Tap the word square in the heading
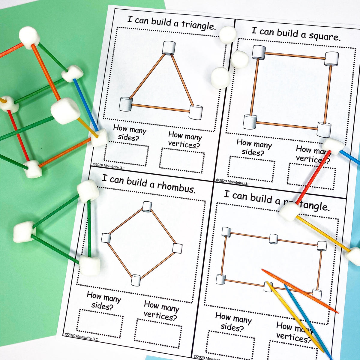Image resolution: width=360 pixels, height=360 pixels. pos(325,37)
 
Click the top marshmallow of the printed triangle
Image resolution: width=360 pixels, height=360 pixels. pos(169,48)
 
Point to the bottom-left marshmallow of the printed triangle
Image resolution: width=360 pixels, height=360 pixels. pos(126,104)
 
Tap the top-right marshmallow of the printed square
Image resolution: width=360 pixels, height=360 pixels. pos(332,58)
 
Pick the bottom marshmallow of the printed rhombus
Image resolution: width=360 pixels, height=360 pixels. pos(136,280)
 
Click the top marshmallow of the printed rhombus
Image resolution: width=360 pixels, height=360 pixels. pos(147,207)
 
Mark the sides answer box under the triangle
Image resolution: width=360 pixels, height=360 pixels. pos(126,155)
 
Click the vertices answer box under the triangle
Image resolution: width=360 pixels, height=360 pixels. pos(182,160)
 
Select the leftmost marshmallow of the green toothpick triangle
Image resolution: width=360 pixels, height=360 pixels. pos(24,232)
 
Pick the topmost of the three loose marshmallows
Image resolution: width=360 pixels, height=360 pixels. pos(228,34)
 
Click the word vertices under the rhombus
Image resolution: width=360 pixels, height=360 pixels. pos(160,315)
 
